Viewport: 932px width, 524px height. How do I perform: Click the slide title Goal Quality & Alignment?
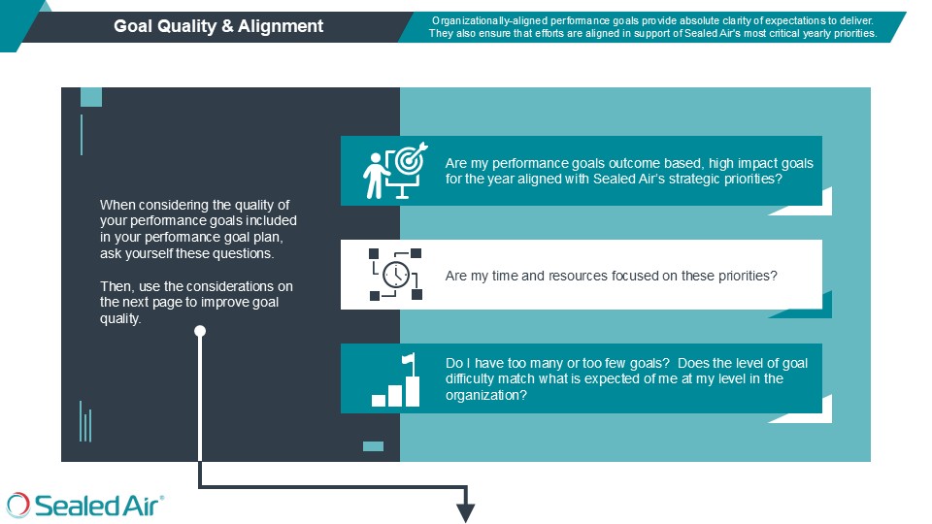click(218, 26)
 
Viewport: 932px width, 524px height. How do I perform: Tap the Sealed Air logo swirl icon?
click(18, 505)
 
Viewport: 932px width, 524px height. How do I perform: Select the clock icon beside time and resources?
click(395, 276)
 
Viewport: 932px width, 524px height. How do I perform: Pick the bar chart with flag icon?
click(396, 380)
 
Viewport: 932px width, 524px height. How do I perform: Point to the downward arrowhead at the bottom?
click(466, 511)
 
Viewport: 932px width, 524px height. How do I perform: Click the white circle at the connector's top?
click(200, 331)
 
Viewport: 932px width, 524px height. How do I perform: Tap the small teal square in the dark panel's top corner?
click(91, 96)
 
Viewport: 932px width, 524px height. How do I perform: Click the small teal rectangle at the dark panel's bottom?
click(373, 446)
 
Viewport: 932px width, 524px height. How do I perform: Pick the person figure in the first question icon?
click(374, 176)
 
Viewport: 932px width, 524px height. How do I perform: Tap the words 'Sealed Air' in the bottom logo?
click(99, 506)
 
